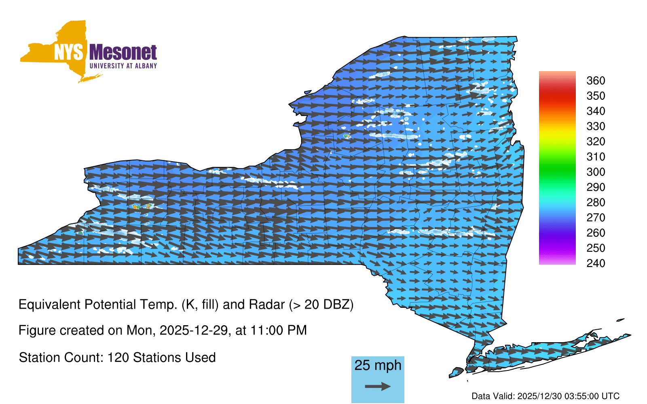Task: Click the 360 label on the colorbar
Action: tap(596, 80)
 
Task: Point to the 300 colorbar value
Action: tap(596, 172)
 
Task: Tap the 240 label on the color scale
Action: tap(596, 263)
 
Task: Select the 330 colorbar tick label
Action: tap(596, 126)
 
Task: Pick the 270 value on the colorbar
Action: tap(596, 218)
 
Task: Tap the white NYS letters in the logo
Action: tap(68, 52)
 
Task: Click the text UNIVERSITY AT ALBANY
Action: tap(123, 66)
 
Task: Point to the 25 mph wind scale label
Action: tap(378, 365)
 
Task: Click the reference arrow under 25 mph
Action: tap(378, 386)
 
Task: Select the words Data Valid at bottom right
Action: tap(493, 396)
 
